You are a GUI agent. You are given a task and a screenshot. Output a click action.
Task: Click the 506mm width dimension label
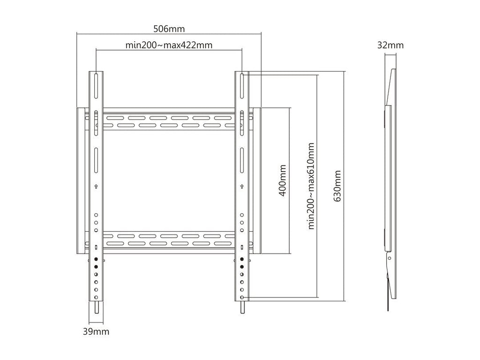(169, 29)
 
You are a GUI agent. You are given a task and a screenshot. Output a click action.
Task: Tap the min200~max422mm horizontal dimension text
(169, 45)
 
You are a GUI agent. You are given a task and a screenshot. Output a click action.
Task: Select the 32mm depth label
(390, 45)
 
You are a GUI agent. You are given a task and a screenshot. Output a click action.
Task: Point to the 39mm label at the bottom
(96, 331)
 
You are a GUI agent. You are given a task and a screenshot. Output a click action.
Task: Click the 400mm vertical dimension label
(283, 180)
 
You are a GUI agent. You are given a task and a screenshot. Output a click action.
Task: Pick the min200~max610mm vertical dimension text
(311, 186)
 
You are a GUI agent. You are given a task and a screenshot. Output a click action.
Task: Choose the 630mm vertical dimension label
(337, 186)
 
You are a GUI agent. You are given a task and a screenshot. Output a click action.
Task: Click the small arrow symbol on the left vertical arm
(96, 186)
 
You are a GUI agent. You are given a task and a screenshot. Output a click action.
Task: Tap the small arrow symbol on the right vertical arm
(242, 186)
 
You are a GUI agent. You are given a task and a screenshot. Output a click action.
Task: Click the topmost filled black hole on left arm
(96, 259)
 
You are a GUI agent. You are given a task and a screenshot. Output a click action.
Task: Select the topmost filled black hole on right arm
(242, 259)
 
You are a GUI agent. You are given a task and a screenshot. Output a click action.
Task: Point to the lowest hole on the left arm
(96, 297)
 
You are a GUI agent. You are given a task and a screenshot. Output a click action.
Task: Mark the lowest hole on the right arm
(242, 297)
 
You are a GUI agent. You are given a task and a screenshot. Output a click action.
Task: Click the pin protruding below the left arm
(96, 307)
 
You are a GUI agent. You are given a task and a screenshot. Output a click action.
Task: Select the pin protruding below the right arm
(242, 307)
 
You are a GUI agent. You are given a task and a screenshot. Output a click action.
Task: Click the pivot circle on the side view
(390, 258)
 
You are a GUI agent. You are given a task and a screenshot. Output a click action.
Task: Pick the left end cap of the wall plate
(81, 180)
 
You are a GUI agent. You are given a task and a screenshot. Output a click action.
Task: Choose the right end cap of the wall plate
(257, 180)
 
